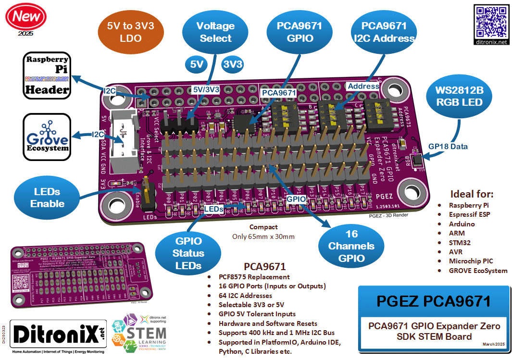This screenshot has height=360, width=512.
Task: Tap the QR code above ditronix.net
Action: [491, 22]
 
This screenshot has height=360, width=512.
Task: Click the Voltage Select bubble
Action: [215, 32]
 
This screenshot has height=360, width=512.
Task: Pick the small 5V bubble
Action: [197, 64]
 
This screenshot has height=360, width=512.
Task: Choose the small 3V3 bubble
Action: [233, 64]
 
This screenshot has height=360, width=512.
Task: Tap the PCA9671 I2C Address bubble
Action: [384, 32]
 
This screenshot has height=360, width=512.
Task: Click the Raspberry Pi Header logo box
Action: [47, 76]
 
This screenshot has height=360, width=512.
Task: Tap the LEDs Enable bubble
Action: [47, 198]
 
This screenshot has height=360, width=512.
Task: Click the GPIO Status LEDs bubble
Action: [188, 253]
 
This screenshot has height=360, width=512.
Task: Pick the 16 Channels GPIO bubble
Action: [352, 246]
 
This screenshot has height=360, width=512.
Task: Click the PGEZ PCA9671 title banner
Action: [434, 301]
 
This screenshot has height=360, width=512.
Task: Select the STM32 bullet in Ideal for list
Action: [460, 242]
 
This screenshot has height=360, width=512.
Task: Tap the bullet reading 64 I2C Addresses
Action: [245, 296]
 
